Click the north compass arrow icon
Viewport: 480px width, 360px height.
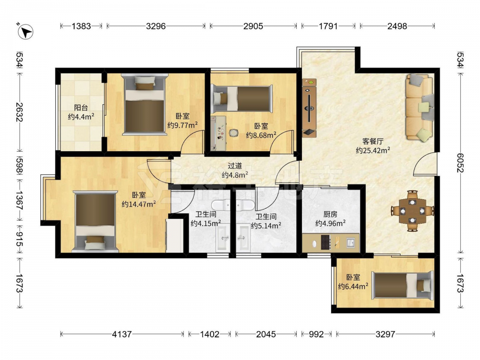[25, 32]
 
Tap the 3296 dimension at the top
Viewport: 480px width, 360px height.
[156, 26]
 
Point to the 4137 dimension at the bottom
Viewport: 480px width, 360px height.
[122, 334]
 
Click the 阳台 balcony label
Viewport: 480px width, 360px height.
[81, 108]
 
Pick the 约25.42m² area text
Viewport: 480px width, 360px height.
[373, 150]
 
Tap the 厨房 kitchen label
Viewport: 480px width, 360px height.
[330, 215]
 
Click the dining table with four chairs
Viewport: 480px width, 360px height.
[412, 211]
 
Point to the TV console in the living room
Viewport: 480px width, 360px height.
[309, 108]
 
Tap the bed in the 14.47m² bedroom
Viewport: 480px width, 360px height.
[96, 221]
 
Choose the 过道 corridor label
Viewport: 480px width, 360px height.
[235, 166]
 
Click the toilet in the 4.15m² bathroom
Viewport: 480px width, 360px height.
[221, 205]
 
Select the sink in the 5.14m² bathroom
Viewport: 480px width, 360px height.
[243, 238]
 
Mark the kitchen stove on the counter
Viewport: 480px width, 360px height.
[325, 242]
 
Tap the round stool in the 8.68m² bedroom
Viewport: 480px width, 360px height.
[234, 133]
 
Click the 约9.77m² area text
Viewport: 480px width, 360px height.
[182, 125]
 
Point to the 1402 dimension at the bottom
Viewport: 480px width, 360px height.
[210, 334]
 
